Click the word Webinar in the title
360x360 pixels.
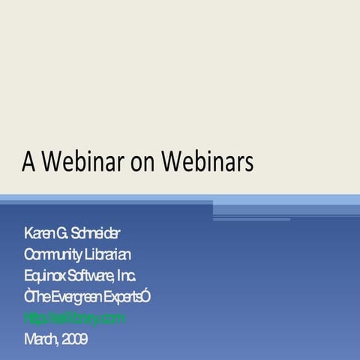[74, 161]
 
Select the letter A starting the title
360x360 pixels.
[28, 161]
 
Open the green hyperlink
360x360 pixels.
[74, 318]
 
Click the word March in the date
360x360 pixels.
[40, 340]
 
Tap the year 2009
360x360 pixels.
[74, 340]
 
